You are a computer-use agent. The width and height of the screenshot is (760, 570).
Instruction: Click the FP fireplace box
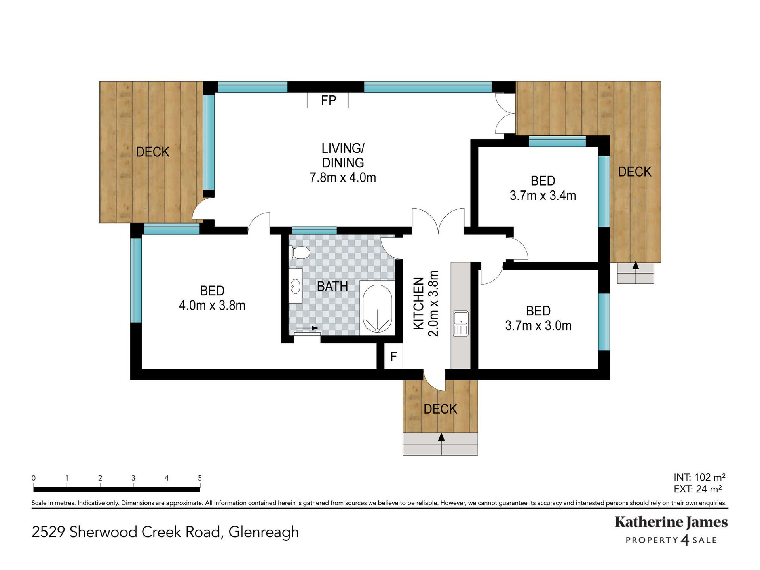pos(328,100)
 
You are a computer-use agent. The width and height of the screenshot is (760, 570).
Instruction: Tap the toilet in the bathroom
pos(300,253)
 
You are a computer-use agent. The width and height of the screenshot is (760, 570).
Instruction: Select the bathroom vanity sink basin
pos(295,286)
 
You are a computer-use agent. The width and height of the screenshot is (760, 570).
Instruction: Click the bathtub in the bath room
pos(378,308)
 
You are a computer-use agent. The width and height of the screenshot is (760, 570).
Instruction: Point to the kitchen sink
pos(461,323)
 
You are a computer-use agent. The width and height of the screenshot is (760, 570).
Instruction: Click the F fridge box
pos(393,357)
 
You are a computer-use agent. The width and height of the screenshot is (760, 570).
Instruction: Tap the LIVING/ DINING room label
pos(343,156)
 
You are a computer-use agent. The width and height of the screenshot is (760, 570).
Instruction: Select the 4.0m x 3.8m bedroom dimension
pos(212,306)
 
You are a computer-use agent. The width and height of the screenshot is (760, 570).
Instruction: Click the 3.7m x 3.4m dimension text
pos(543,196)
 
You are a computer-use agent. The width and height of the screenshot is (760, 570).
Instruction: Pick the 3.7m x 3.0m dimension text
pos(538,326)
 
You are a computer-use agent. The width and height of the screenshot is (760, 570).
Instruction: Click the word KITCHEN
pos(418,304)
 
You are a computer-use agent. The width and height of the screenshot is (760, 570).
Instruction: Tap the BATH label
pos(332,286)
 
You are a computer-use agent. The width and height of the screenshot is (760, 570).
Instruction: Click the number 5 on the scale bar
pos(200,478)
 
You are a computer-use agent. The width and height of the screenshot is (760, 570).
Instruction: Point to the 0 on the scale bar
pos(34,478)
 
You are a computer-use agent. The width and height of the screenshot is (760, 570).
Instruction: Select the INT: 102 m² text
pos(699,477)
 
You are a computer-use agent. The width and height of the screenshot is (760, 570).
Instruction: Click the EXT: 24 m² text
pos(697,489)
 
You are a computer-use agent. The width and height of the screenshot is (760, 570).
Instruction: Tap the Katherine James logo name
pos(671,522)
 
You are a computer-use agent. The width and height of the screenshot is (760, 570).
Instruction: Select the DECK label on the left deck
pos(152,152)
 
